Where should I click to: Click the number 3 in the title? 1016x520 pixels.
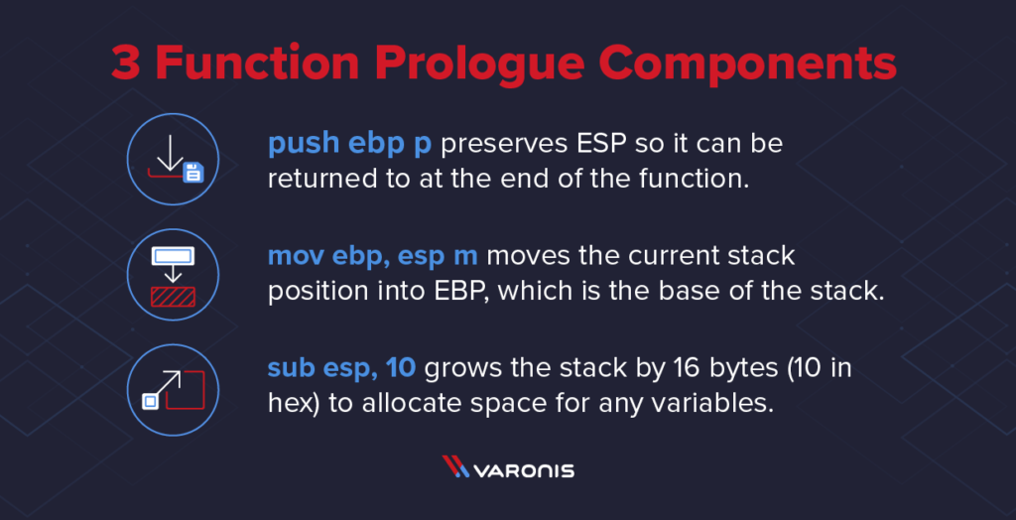[x=126, y=64]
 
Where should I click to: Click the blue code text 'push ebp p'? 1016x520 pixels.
[x=349, y=145]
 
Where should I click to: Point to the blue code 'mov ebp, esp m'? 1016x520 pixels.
[x=373, y=256]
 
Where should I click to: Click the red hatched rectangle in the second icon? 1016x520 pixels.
[x=174, y=297]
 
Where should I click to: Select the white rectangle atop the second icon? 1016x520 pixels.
[x=174, y=256]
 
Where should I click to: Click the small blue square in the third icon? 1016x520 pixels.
[x=151, y=401]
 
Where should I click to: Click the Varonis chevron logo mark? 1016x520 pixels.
[x=456, y=467]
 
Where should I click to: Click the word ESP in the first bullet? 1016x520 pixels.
[x=602, y=145]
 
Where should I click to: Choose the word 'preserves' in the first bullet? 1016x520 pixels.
[x=503, y=145]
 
